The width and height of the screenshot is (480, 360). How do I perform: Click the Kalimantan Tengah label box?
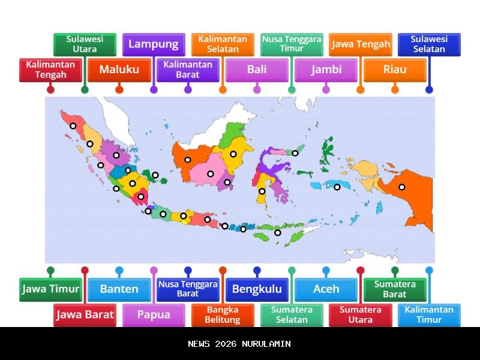coord(50,70)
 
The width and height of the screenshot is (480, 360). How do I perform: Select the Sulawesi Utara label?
coord(85,44)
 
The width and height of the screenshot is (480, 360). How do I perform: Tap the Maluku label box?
coord(119,70)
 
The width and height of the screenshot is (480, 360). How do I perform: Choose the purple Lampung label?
coord(154,44)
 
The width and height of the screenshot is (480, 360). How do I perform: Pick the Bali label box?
coord(257,70)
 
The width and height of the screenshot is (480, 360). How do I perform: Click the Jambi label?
coord(326,70)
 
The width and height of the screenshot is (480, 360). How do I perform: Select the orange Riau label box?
coord(395,70)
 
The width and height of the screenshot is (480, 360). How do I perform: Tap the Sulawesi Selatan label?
coord(429,44)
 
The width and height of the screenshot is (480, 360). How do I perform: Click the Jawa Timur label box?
coord(50,289)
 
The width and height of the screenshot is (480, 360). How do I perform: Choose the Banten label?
coord(119,289)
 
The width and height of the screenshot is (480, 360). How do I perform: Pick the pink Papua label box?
coord(154,314)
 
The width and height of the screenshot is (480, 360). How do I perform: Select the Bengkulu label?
coord(257,289)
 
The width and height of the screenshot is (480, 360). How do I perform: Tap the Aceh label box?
coord(326,289)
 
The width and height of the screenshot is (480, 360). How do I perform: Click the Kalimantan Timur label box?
coord(429,314)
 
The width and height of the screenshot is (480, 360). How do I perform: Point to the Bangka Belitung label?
coord(223,314)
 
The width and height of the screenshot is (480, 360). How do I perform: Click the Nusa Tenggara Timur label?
coord(292,44)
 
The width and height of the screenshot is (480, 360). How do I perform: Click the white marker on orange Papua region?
coord(402,187)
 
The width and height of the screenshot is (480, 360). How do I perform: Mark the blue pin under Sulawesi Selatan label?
coord(429,90)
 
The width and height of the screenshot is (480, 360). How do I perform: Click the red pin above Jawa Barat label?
coord(85,271)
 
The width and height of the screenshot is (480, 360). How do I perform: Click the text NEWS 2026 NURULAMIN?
coord(239,344)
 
